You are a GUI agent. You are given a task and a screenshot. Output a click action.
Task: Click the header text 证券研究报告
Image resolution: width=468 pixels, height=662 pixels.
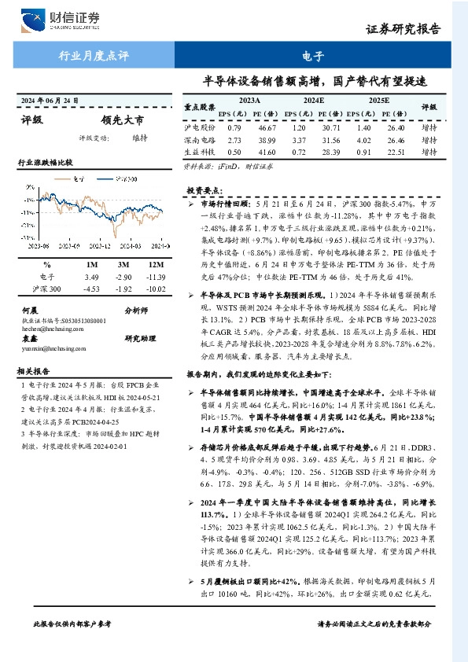tap(404, 29)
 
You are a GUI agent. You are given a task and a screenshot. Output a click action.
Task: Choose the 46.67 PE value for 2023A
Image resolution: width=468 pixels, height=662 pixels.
tap(267, 127)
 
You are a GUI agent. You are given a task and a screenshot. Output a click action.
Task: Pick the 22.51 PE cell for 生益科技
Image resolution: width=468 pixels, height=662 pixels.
tap(395, 153)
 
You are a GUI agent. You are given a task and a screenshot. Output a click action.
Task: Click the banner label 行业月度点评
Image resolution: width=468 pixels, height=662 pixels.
tap(94, 56)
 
